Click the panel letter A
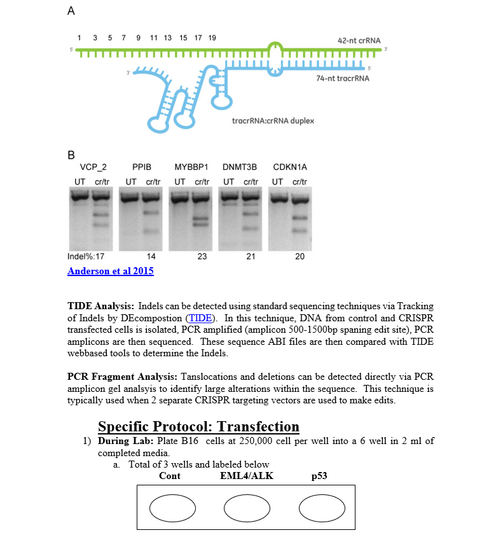tap(71, 11)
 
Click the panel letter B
tap(71, 155)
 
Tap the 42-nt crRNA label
tap(359, 41)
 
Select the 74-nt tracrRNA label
tap(342, 79)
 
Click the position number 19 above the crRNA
tap(212, 38)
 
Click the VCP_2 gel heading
tap(93, 167)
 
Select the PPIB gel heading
tap(142, 167)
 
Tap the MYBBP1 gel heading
tap(191, 167)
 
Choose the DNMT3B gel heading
tap(240, 167)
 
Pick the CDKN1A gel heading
tap(289, 167)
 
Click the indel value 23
tap(202, 256)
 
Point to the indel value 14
tap(151, 256)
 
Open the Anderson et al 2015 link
tap(110, 271)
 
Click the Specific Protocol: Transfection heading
tap(198, 426)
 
